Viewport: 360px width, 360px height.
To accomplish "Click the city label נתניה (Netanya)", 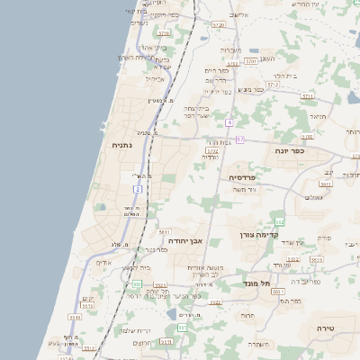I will coord(126,144).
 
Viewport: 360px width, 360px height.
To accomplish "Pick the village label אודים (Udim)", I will coord(103,263).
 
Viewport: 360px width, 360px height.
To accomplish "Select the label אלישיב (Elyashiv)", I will coord(238,15).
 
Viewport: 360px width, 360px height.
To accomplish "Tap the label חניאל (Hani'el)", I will coord(316,116).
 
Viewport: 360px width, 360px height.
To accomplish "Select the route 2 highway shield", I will coord(138,189).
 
